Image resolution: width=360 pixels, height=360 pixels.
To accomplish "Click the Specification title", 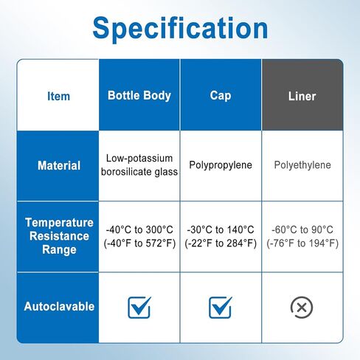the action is (x=180, y=29).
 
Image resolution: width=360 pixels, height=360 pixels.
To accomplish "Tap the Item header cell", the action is (x=58, y=96).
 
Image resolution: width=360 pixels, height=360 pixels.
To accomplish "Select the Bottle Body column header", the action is (x=139, y=95).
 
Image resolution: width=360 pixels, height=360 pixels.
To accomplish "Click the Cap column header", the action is (x=221, y=96).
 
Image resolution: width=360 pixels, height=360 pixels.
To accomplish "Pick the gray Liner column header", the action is (x=302, y=96).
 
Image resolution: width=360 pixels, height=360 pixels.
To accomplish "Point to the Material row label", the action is (x=59, y=165).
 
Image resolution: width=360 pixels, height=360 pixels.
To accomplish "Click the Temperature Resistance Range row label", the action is (x=59, y=236).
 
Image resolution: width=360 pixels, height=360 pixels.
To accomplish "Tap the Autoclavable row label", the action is (x=59, y=306).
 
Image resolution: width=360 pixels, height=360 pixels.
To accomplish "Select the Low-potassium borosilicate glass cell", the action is (x=139, y=165).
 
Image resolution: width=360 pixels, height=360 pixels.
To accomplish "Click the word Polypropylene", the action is (x=221, y=165).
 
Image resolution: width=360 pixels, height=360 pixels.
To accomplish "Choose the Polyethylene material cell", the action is (x=302, y=165).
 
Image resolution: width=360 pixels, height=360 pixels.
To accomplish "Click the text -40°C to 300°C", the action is (x=139, y=229).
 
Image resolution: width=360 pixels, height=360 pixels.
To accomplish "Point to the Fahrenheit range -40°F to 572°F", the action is (x=139, y=243).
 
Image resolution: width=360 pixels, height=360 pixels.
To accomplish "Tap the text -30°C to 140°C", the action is (x=221, y=229).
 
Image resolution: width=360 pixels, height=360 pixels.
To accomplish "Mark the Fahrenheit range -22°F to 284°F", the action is (x=221, y=243).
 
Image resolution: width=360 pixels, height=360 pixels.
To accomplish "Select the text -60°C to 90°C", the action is (x=302, y=229).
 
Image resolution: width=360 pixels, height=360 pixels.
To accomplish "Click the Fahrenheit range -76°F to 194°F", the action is (x=302, y=243).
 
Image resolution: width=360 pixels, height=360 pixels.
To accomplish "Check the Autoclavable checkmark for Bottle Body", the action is (x=139, y=308).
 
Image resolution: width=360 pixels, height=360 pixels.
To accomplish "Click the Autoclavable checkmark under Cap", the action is (x=221, y=308).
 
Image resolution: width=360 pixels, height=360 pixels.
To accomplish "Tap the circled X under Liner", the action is (x=302, y=308).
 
